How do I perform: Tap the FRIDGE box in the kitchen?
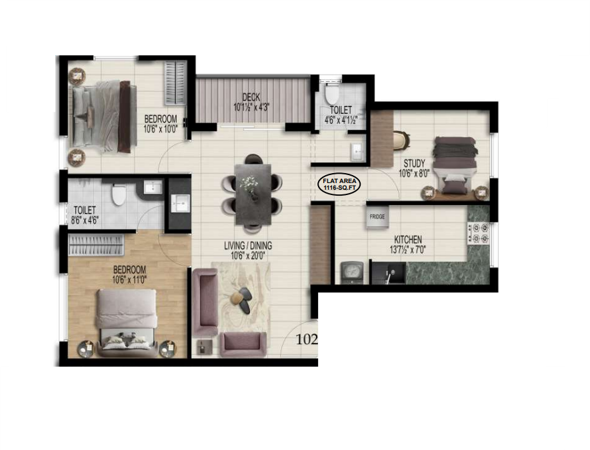coord(377,217)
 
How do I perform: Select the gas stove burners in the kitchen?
coord(478,233)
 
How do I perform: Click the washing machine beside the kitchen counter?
coord(352,273)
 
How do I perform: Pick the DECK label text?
coord(251,97)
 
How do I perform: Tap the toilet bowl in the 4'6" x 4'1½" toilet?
coord(331,95)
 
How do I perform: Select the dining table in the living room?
coord(253,194)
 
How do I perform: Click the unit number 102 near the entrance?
coord(307,339)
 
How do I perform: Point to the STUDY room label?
coord(414,163)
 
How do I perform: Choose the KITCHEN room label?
coord(408,239)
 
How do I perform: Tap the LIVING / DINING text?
coord(248,246)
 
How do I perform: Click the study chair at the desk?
coord(401,141)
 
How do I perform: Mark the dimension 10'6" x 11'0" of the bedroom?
coord(129,280)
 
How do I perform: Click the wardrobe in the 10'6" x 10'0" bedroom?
coord(175,83)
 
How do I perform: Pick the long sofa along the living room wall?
coord(204,302)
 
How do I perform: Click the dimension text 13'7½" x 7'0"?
coord(408,249)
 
